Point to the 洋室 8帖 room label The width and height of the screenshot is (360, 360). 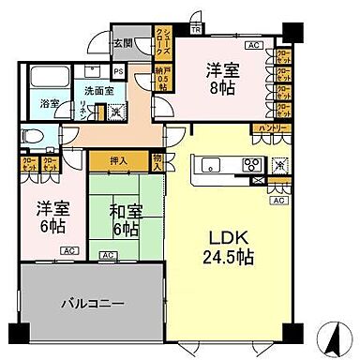click(223, 80)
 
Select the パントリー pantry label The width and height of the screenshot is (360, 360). click(268, 129)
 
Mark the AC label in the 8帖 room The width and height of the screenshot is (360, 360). click(251, 44)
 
